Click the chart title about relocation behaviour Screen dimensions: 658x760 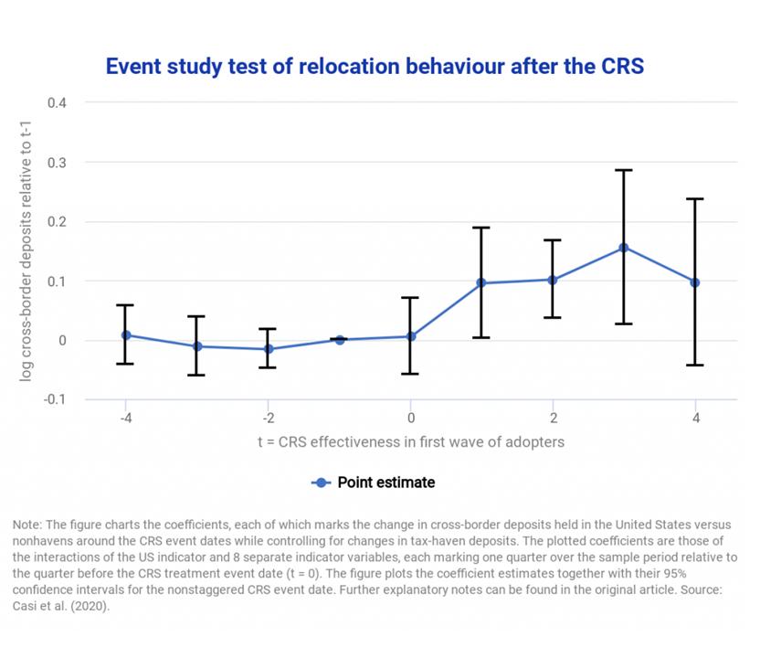[x=375, y=67]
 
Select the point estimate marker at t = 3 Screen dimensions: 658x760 [x=624, y=248]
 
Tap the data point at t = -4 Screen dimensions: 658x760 [x=125, y=335]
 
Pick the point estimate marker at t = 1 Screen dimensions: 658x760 [x=481, y=283]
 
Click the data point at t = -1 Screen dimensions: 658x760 [x=339, y=340]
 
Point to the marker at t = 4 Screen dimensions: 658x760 [x=695, y=282]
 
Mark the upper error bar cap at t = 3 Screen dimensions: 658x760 [x=624, y=170]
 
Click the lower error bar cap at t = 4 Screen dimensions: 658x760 [x=695, y=365]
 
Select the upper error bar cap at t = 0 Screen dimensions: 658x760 [x=410, y=298]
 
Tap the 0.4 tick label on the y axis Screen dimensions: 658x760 [x=58, y=102]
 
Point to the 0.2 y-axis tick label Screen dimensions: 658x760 [x=58, y=221]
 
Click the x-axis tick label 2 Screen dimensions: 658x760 [x=553, y=418]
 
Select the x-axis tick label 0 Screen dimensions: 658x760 [x=410, y=418]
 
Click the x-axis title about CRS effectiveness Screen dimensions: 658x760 [x=410, y=441]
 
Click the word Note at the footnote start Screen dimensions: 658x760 [x=27, y=525]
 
